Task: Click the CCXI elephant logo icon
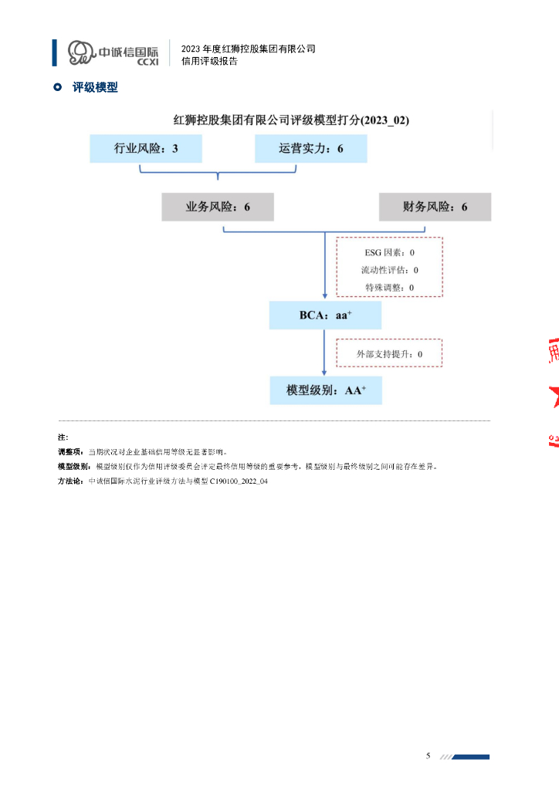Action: click(x=80, y=52)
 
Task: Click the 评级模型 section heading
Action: click(x=95, y=88)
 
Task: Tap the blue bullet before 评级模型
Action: click(x=56, y=88)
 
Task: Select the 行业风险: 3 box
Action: click(x=146, y=148)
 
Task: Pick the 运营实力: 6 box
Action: click(x=311, y=148)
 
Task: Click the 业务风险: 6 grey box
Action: click(x=218, y=207)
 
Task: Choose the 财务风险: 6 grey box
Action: click(x=435, y=207)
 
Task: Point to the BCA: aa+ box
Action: click(x=325, y=315)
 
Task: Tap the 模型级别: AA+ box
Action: click(x=325, y=390)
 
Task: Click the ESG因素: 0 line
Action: click(x=389, y=252)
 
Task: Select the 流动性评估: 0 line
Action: click(x=389, y=270)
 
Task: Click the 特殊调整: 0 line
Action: click(x=389, y=287)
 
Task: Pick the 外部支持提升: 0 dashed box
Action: click(x=389, y=354)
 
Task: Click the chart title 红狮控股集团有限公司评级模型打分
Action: click(x=290, y=120)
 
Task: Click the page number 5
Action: click(x=429, y=755)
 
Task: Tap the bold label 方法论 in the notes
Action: click(x=71, y=480)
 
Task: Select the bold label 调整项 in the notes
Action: click(x=71, y=451)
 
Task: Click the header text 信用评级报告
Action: click(x=209, y=62)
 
